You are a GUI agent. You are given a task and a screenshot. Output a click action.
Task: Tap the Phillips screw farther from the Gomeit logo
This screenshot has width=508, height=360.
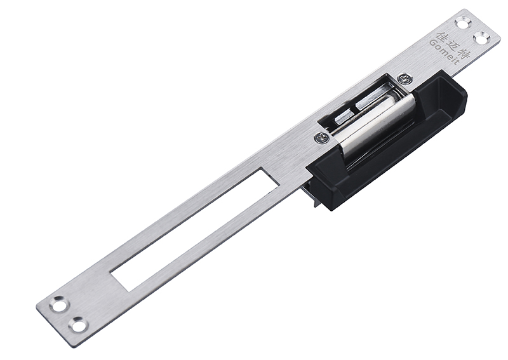(x=321, y=137)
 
